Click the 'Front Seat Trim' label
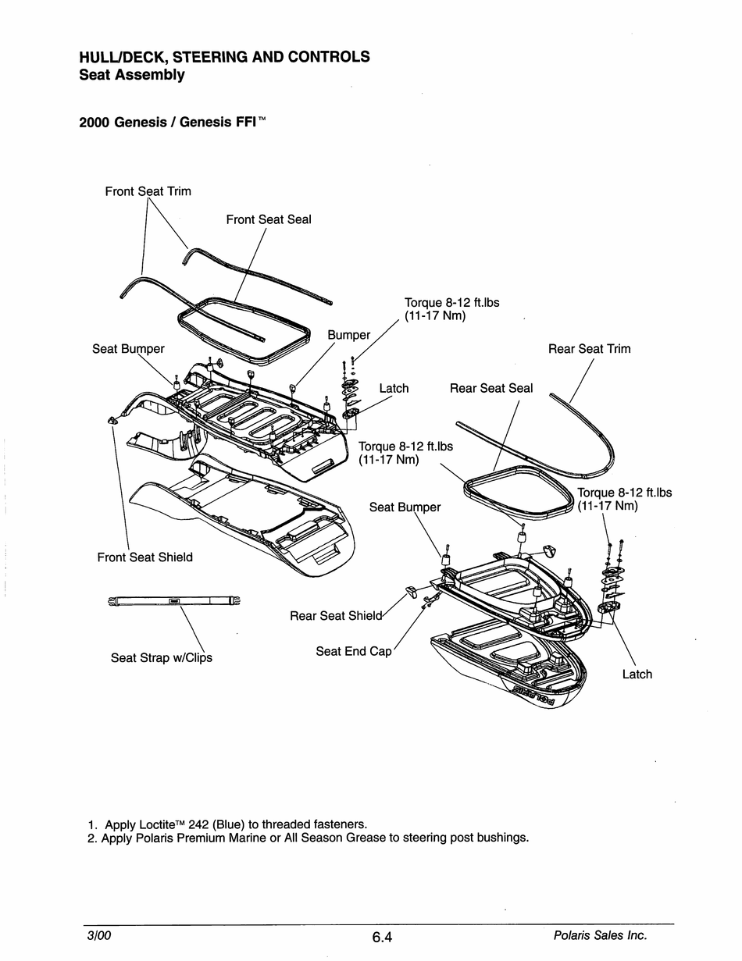click(x=148, y=191)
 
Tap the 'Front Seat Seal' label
click(x=269, y=219)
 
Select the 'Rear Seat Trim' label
click(x=589, y=349)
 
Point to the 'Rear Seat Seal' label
click(x=491, y=388)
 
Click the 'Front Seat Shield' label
click(x=144, y=557)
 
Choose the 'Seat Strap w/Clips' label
click(x=161, y=657)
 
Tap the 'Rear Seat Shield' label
click(x=336, y=616)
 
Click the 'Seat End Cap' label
click(x=353, y=651)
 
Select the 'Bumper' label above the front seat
click(x=348, y=335)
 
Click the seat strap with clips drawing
click(x=173, y=600)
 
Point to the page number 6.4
click(x=381, y=938)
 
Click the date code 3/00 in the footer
click(x=98, y=935)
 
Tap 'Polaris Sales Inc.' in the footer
click(x=600, y=935)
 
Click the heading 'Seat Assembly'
click(x=132, y=75)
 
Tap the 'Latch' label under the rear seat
click(x=637, y=674)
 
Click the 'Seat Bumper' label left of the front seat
click(x=128, y=349)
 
